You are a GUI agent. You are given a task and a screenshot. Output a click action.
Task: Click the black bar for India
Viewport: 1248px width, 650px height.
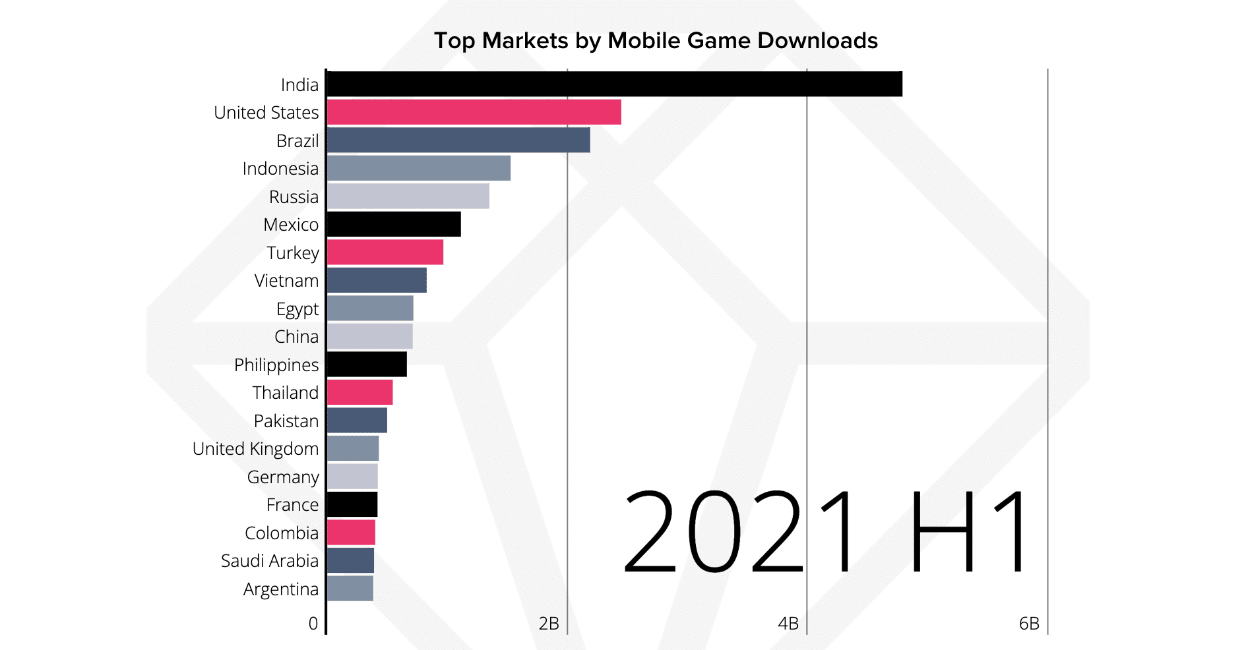click(613, 84)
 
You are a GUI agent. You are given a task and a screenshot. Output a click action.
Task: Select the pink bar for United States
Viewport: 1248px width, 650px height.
click(474, 112)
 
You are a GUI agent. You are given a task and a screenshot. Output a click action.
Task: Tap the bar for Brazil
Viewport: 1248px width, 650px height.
click(458, 140)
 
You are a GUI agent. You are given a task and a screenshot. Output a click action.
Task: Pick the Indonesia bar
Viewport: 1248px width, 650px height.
click(418, 168)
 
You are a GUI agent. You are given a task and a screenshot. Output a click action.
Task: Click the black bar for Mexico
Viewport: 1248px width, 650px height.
click(393, 224)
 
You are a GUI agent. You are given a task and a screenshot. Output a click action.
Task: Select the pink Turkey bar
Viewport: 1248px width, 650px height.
click(385, 252)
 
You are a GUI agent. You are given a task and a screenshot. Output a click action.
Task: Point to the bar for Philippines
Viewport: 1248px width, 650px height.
click(367, 365)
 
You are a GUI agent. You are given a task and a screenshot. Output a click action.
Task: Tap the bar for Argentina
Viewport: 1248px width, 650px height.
click(350, 589)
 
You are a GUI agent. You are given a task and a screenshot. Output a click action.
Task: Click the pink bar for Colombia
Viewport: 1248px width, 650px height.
click(351, 533)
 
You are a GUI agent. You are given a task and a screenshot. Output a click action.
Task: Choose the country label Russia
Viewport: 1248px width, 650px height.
click(294, 197)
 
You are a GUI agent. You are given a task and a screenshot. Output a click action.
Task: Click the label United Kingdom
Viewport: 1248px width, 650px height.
click(255, 449)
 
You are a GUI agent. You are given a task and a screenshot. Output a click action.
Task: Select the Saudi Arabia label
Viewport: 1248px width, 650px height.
click(269, 561)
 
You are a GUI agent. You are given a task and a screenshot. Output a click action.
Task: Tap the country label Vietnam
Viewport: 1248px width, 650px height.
click(286, 281)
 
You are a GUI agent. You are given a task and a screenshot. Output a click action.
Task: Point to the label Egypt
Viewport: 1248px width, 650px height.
click(297, 309)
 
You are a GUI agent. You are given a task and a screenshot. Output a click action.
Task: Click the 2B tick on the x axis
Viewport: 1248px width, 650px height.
click(549, 624)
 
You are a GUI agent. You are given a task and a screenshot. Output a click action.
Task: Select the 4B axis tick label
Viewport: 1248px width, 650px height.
click(788, 624)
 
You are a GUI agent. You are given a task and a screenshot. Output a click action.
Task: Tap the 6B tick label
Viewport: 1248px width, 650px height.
click(1029, 624)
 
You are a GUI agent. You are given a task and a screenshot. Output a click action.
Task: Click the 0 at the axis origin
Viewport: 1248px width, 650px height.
click(313, 624)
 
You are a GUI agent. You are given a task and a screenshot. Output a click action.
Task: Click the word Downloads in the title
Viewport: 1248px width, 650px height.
click(817, 41)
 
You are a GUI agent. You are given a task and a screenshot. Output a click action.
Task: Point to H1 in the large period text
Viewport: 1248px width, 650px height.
click(966, 533)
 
